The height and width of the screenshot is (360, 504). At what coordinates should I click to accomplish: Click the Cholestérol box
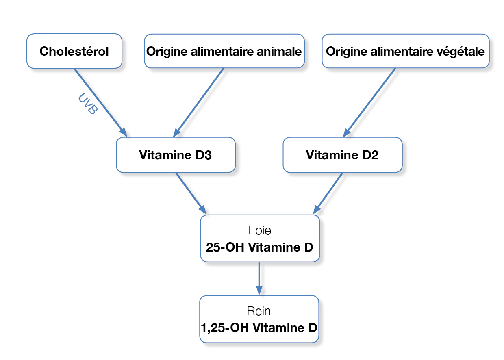(74, 51)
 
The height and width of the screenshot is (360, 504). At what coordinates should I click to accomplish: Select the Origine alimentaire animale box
(224, 51)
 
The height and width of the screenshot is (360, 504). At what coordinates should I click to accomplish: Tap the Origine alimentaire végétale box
(406, 51)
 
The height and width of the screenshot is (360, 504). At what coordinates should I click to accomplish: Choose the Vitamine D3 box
(176, 155)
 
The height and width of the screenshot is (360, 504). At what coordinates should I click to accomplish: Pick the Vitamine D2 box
(343, 155)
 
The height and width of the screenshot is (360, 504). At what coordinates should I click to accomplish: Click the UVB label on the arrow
(88, 104)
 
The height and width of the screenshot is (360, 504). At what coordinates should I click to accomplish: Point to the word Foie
(260, 230)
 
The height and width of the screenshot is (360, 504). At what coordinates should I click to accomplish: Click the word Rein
(259, 311)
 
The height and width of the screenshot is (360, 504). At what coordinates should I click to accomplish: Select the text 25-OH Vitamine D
(260, 247)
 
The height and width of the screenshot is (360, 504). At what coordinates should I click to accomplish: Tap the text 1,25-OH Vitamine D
(259, 327)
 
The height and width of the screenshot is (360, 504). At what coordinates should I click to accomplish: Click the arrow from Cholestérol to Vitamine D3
(100, 102)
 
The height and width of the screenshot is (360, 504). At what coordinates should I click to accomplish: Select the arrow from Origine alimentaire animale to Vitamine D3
(198, 102)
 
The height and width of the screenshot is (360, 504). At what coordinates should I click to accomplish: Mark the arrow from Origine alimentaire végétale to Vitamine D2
(369, 102)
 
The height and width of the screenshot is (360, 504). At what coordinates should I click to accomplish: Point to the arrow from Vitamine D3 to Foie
(191, 193)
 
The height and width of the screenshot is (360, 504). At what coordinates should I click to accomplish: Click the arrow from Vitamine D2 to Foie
(328, 193)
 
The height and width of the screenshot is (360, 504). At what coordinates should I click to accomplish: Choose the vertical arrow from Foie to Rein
(259, 279)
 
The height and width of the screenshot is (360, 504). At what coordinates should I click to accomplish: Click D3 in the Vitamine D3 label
(203, 155)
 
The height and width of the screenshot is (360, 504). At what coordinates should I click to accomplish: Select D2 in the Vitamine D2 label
(370, 155)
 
